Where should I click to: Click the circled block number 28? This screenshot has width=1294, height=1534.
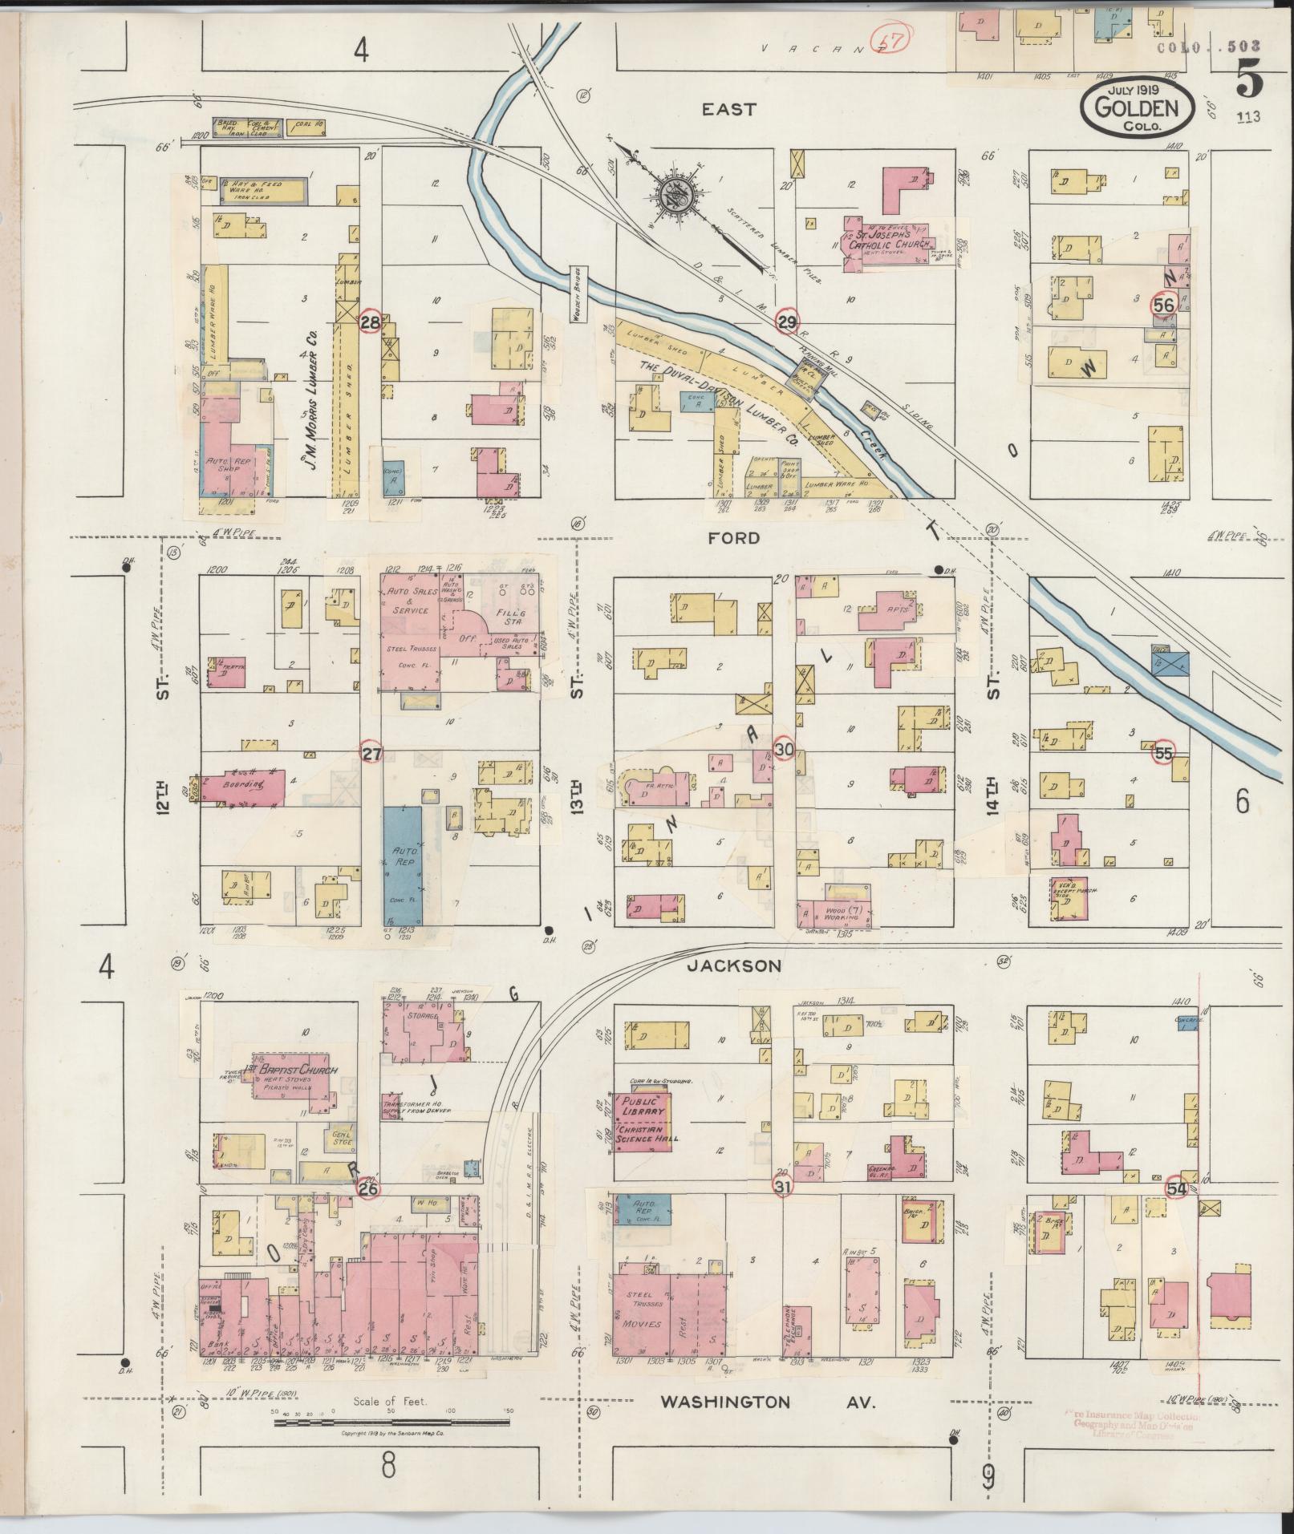(370, 322)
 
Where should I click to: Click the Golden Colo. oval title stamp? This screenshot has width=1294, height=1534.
(1138, 109)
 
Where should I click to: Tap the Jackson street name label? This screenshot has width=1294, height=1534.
(733, 966)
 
